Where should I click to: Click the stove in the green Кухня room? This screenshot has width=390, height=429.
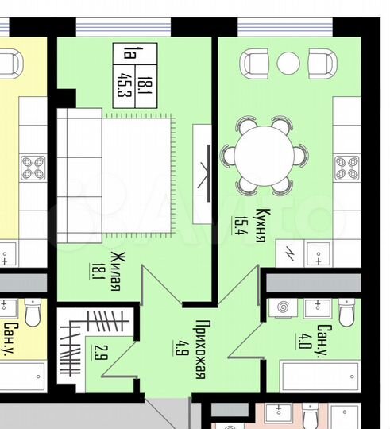click(x=347, y=167)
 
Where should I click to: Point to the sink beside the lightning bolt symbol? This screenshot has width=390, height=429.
click(x=318, y=253)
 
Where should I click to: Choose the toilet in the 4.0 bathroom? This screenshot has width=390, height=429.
click(x=346, y=312)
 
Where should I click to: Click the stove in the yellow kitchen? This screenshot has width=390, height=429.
click(x=33, y=167)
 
